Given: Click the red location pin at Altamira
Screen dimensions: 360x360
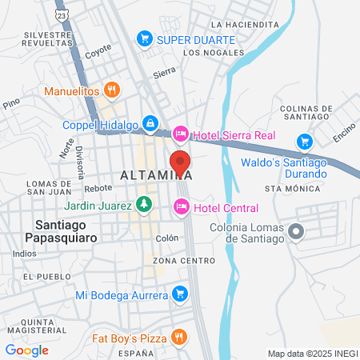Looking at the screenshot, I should (179, 161).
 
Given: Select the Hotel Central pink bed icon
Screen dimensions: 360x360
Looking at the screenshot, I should (181, 207).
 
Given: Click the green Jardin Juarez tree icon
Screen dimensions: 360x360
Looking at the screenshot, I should (143, 204).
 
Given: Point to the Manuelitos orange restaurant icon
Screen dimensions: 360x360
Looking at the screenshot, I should (113, 90).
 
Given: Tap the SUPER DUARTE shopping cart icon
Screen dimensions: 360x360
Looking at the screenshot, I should (145, 38).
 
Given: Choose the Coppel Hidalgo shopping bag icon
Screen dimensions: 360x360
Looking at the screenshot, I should (150, 124).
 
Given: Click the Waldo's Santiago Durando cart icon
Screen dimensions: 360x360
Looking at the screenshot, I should (304, 142).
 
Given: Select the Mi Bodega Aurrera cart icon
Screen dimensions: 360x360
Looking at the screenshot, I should (180, 295).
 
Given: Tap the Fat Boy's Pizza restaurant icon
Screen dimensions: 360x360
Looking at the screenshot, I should (180, 338).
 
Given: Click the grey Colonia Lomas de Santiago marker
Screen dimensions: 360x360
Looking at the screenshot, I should (297, 232).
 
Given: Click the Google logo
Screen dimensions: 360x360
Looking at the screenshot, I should (26, 350).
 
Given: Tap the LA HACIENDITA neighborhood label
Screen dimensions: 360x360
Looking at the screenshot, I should (244, 25).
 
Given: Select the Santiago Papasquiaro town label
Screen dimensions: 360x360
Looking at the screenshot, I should (65, 231).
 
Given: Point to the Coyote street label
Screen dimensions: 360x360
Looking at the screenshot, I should (98, 48).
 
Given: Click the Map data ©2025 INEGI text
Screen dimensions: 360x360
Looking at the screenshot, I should (311, 353).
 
